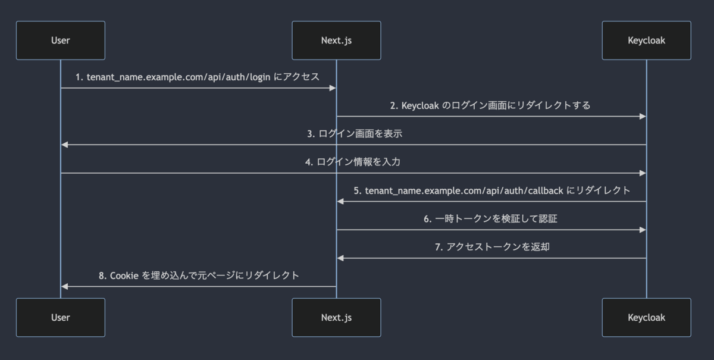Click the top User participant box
coord(61,40)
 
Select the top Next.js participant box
coord(336,40)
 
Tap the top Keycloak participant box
coord(646,40)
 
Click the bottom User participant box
coord(61,317)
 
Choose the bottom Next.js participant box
coord(336,317)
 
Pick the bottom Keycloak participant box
coord(646,317)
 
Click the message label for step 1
coord(198,77)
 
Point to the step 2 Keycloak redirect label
coord(490,105)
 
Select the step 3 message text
coord(355,134)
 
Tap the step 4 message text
coord(355,162)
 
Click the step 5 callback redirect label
coord(491,190)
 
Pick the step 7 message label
coord(491,247)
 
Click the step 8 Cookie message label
coord(199,276)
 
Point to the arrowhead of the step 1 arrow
coord(333,88)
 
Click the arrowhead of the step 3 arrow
coord(64,145)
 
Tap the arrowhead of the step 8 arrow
coord(64,286)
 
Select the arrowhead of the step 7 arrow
coord(340,258)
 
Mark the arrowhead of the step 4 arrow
coord(643,173)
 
